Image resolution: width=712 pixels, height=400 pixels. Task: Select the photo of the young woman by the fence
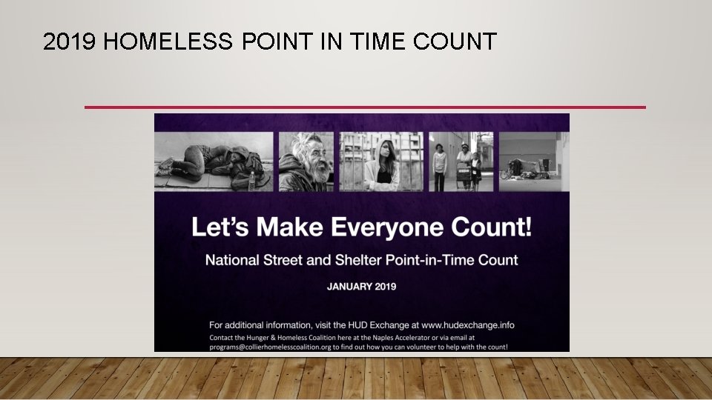click(x=381, y=161)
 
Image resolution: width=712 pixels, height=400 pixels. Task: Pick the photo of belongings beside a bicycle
click(x=531, y=161)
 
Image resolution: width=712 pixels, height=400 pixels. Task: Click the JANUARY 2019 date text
click(x=362, y=286)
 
